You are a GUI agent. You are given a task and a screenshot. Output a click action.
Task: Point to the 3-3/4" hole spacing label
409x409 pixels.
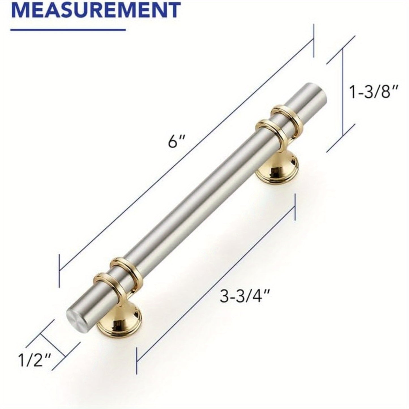[x=244, y=297]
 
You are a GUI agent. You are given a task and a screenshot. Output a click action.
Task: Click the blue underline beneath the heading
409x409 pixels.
[x=68, y=29]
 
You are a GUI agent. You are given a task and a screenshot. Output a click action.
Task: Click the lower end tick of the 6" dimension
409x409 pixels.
[x=59, y=270]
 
